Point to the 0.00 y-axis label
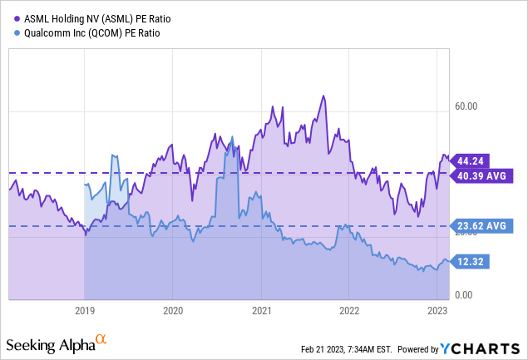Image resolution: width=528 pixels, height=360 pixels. [466, 295]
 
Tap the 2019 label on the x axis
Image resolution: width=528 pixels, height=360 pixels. [85, 310]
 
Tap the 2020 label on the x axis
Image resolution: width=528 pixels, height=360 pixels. [173, 310]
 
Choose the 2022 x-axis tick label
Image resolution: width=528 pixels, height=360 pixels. [350, 310]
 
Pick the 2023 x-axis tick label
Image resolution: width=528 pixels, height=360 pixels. [438, 310]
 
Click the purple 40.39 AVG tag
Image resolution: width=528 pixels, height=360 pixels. [486, 175]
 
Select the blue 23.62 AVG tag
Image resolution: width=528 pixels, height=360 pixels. [486, 225]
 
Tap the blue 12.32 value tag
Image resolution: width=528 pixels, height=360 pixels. [472, 262]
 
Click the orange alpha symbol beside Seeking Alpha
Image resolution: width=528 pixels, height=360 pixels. [101, 340]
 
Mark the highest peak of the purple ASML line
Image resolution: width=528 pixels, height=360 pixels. [321, 96]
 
